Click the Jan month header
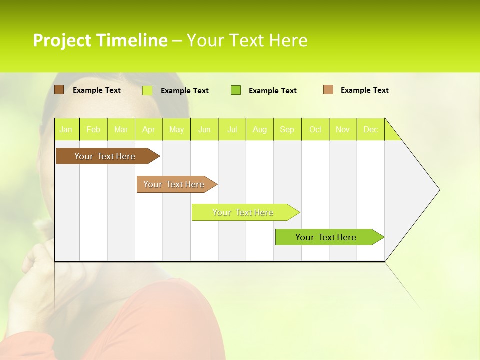pyautogui.click(x=66, y=129)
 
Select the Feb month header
pyautogui.click(x=93, y=129)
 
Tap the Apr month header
pyautogui.click(x=149, y=129)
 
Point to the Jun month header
pyautogui.click(x=204, y=129)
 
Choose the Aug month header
pyautogui.click(x=260, y=129)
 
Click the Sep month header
pyautogui.click(x=287, y=129)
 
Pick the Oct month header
pyautogui.click(x=315, y=129)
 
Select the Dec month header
pyautogui.click(x=371, y=129)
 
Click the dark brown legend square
pyautogui.click(x=59, y=90)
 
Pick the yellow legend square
pyautogui.click(x=147, y=90)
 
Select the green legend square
pyautogui.click(x=236, y=90)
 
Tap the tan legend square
pyautogui.click(x=328, y=90)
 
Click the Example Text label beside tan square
pyautogui.click(x=364, y=90)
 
